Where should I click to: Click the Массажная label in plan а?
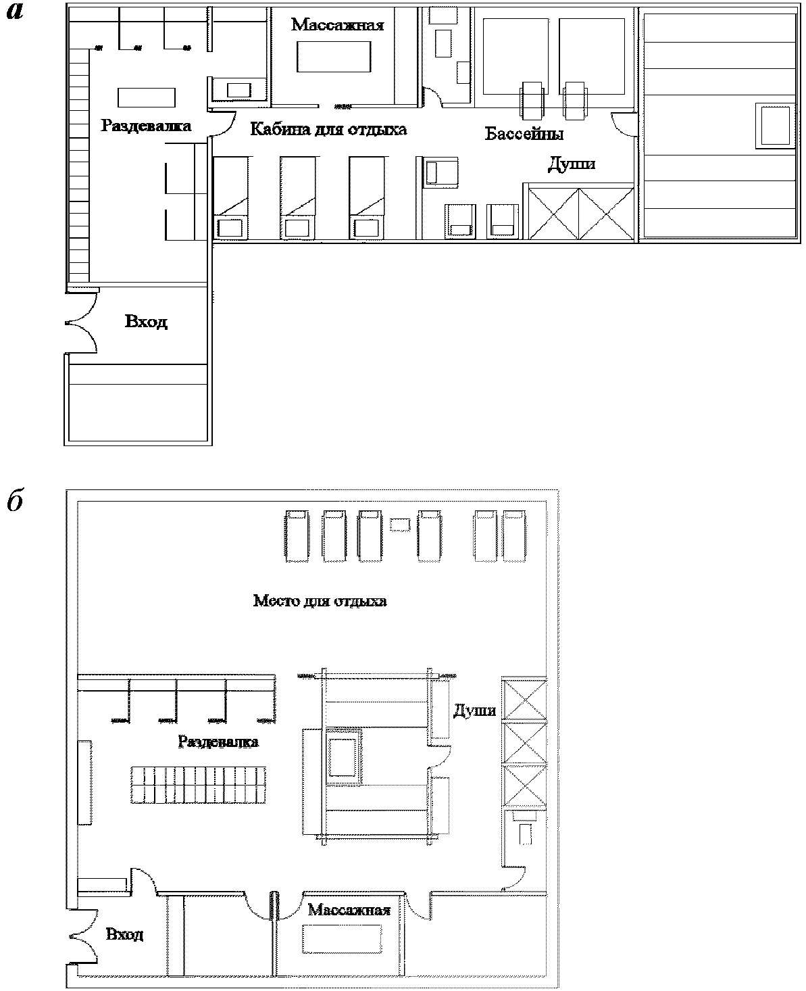337,24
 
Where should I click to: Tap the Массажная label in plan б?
349,910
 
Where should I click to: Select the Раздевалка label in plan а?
146,126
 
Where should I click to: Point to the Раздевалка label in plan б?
218,742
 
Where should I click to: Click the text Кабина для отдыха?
328,129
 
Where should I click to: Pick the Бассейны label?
524,134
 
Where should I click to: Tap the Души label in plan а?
572,164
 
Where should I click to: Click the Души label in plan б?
474,710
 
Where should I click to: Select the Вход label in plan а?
146,322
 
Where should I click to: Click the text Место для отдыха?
320,601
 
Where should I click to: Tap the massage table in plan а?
334,57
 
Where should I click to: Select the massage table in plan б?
342,939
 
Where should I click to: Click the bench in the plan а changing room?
147,98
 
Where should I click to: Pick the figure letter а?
15,11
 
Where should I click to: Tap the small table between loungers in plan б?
400,525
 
